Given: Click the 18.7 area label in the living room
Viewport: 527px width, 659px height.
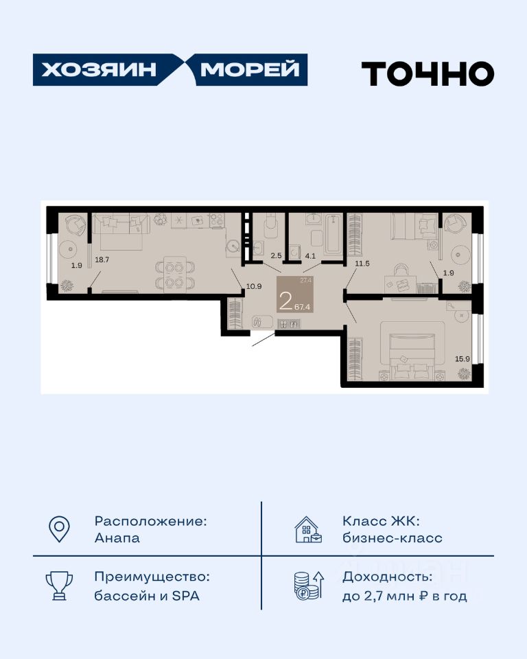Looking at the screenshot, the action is click(x=102, y=259).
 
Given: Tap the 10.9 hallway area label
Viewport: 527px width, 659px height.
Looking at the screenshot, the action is click(x=254, y=287).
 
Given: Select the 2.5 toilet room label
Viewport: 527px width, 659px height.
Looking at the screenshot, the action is click(x=276, y=255).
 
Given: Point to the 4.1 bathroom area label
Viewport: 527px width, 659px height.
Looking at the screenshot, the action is click(x=310, y=255).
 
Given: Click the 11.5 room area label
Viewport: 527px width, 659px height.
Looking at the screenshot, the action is click(x=362, y=264).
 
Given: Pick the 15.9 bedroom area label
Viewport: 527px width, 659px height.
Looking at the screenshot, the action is click(x=462, y=359).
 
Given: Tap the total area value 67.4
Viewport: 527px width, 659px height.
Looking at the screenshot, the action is click(x=302, y=307).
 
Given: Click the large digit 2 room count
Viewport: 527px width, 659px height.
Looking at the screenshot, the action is click(x=285, y=301).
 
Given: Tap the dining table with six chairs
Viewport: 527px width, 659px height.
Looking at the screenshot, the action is click(x=175, y=274).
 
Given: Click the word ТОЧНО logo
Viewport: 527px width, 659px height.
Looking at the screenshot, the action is click(x=428, y=73).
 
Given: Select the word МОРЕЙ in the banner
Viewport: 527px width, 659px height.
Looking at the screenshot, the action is click(x=250, y=69).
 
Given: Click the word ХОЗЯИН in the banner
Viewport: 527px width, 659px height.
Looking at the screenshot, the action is click(x=99, y=70).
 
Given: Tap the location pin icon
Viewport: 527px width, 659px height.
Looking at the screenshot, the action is click(x=59, y=529).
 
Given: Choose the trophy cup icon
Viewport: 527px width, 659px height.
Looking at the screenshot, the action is click(x=59, y=586).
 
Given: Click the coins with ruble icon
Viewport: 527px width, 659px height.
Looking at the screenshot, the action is click(x=309, y=586).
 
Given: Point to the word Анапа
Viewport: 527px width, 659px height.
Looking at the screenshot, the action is click(x=117, y=538).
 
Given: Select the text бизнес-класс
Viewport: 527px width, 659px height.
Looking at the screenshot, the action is click(x=393, y=538).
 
